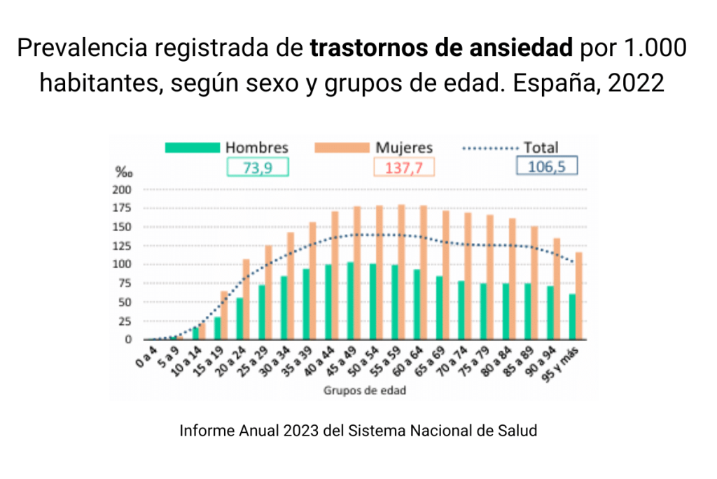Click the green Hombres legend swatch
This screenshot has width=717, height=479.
pos(193,148)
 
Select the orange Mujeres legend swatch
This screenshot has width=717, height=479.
pos(342,148)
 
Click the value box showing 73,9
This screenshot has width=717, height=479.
pos(258,167)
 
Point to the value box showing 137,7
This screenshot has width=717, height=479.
pos(404,167)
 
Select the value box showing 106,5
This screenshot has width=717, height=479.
pos(547,165)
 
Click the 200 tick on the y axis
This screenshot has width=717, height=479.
pos(122,190)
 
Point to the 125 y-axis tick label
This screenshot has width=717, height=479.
pos(122,246)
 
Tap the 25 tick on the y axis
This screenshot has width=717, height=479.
pos(125,321)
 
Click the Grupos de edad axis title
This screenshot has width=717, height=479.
pos(364,391)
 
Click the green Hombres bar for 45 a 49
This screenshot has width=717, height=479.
pos(350,300)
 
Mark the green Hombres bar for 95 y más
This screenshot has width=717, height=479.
pos(572,317)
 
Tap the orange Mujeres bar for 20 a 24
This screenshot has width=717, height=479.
pos(246,299)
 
